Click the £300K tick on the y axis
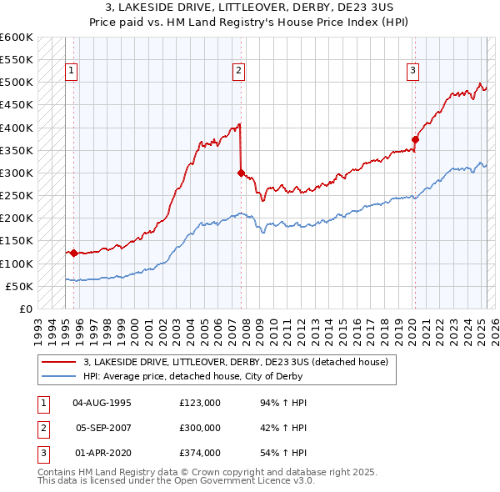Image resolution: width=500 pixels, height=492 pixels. tap(17, 173)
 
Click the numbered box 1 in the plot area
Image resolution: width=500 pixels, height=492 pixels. tap(72, 71)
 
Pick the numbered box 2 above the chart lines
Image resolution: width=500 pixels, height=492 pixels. tap(238, 71)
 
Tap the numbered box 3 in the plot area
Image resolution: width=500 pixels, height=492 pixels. tap(412, 71)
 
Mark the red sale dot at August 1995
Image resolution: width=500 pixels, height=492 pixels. tap(73, 253)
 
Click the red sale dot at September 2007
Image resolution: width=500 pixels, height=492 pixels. tap(241, 173)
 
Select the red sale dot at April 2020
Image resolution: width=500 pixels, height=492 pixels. tap(415, 140)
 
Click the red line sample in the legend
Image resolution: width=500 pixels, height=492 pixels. tap(58, 362)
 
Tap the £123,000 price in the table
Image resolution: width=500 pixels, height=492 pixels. tap(199, 403)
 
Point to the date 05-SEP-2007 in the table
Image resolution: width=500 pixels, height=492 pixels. tap(102, 428)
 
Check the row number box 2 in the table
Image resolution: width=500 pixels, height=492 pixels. tap(42, 428)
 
